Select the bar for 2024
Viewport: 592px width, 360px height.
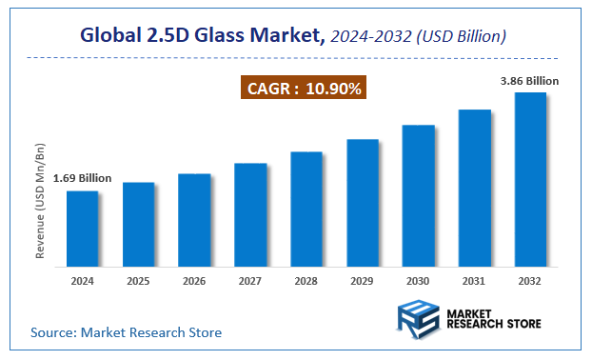pos(82,228)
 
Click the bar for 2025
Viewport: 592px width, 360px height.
pos(138,223)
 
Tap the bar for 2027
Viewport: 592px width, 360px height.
pos(250,213)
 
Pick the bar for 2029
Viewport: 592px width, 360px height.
pos(363,202)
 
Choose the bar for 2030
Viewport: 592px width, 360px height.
pos(418,194)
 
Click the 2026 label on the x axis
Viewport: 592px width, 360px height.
pos(194,281)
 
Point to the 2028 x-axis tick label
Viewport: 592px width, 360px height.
pos(306,281)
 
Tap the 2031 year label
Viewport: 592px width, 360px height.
pos(474,281)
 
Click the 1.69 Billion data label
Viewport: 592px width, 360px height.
pos(82,178)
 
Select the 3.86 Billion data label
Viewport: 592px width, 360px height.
pos(529,81)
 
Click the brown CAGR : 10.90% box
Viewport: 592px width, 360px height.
pos(302,89)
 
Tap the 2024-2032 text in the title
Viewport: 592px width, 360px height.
pos(370,36)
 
